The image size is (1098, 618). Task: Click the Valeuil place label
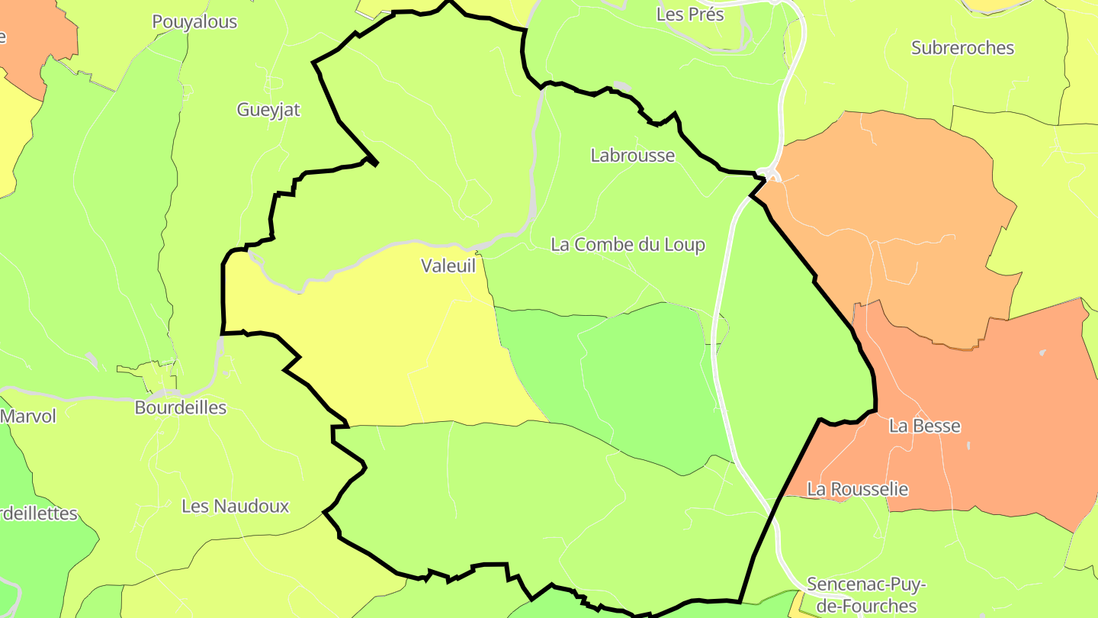(x=448, y=266)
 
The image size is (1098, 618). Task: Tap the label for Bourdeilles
(x=181, y=407)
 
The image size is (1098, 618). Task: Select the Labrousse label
(x=633, y=156)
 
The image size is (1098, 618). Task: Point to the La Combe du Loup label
(x=628, y=245)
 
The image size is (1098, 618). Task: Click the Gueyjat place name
(x=268, y=110)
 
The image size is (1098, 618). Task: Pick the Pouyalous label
(x=194, y=22)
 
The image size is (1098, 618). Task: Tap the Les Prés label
(x=690, y=14)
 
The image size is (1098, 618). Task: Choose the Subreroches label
(x=962, y=48)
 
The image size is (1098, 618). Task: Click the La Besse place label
(x=924, y=426)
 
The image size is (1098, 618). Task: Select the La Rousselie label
(x=858, y=489)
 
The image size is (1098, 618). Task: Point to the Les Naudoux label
(x=236, y=506)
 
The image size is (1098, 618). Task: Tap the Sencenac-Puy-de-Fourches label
(x=865, y=595)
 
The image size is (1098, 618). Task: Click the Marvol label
(x=28, y=417)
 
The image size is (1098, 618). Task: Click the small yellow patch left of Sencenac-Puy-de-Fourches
(x=798, y=607)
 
